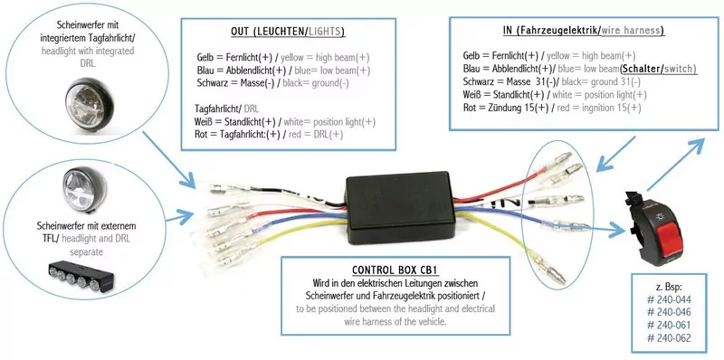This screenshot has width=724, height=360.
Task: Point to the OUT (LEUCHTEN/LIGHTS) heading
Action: pos(287,31)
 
